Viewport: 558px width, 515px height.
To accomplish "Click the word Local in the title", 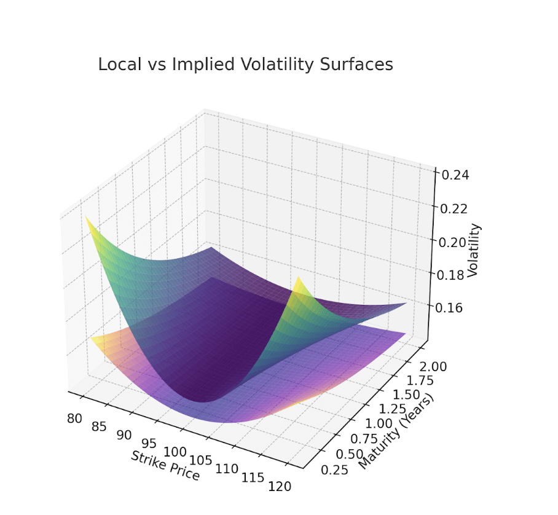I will point(119,65).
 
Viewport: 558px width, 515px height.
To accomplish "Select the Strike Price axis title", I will point(165,465).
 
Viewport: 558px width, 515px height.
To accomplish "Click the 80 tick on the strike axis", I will point(75,419).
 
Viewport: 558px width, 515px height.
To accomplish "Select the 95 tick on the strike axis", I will point(149,443).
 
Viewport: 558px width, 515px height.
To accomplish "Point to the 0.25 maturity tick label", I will point(335,469).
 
